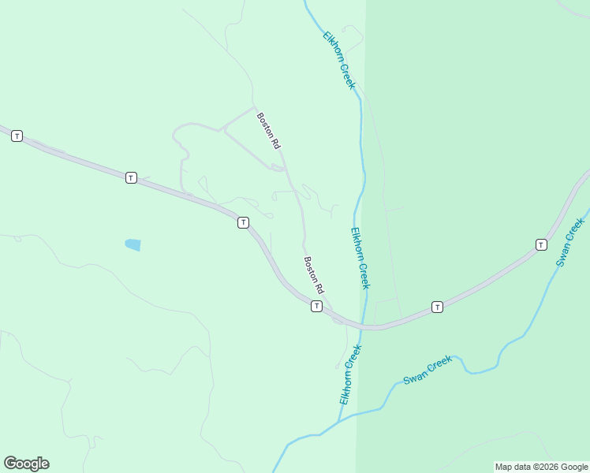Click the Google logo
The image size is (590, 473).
point(26,464)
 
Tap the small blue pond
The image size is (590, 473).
point(133,245)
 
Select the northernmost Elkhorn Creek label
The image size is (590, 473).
point(340,60)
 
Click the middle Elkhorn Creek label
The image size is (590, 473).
point(360,258)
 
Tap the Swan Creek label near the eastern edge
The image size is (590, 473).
point(573,241)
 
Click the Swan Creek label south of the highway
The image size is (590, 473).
point(428,370)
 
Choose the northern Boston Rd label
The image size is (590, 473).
point(268,131)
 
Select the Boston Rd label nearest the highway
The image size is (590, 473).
point(315,275)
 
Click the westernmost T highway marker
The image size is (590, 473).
point(17,136)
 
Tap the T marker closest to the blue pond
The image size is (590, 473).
point(131,178)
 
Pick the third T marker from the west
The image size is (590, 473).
point(243,223)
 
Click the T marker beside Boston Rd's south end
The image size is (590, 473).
point(316,306)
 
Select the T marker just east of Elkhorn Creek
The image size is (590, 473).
point(437,306)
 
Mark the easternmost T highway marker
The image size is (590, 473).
point(541,244)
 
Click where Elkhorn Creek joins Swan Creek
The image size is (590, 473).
point(339,421)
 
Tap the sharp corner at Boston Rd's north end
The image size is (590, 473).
point(253,107)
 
